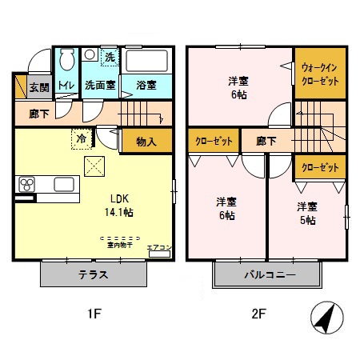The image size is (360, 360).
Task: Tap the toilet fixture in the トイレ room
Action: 66,59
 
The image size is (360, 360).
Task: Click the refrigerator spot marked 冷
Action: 82,137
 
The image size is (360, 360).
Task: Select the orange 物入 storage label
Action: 146,142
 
